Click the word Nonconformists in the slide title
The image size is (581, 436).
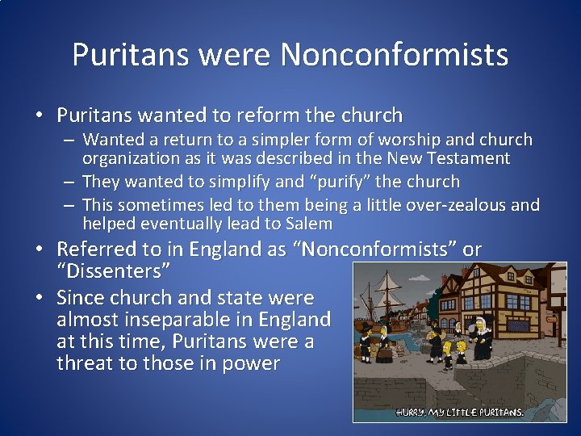click(394, 55)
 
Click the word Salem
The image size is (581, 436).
click(309, 224)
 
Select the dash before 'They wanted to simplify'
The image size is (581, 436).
click(71, 182)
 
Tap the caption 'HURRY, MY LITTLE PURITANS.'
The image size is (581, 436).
click(460, 412)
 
